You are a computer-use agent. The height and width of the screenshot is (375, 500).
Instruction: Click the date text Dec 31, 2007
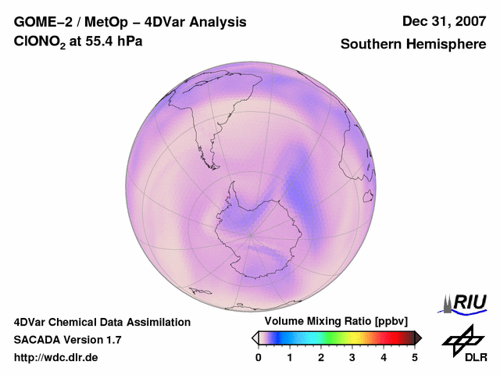coord(443,22)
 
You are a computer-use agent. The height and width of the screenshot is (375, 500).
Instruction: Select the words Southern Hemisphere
coord(412,45)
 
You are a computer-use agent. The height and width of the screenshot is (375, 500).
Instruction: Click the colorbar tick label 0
coord(259,358)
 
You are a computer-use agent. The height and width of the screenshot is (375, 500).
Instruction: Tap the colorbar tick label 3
coord(352,358)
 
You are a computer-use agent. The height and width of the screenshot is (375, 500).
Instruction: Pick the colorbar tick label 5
coord(415,358)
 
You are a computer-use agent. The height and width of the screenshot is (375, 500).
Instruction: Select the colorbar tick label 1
coord(290,358)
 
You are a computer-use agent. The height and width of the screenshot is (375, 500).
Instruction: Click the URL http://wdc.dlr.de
coord(56,358)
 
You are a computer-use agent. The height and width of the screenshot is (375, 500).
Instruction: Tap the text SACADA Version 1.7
coord(67,340)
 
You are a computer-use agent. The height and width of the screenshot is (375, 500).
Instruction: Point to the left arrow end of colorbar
coord(255,337)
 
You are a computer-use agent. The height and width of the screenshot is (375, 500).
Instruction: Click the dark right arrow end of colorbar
coord(419,337)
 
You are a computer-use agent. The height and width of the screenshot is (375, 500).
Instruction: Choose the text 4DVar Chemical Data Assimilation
coord(102,322)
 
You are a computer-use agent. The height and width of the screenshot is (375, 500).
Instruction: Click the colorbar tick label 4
coord(384,358)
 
